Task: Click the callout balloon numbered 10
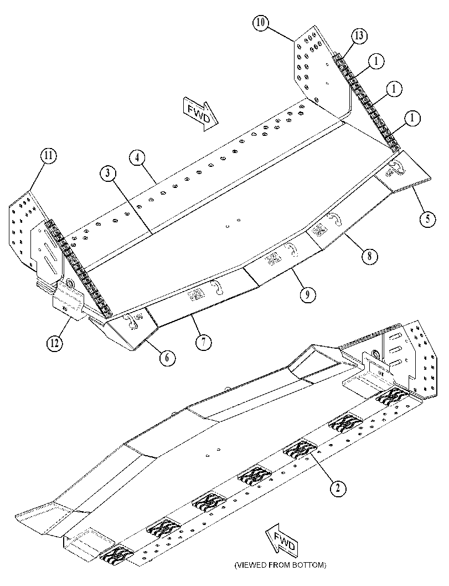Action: [x=261, y=22]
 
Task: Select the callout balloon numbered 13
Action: [x=359, y=36]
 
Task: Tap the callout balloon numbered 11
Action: [x=49, y=156]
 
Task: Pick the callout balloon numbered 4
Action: [x=137, y=157]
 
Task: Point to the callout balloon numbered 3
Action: [x=109, y=174]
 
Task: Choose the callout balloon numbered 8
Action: [x=369, y=256]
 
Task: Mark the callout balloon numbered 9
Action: [x=307, y=294]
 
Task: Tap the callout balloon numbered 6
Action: [x=167, y=358]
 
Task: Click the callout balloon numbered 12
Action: [x=54, y=343]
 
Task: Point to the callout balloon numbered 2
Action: [x=338, y=488]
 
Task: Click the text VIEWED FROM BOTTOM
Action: [x=280, y=565]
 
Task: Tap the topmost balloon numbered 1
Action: [x=376, y=62]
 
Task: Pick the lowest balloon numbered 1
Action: [x=412, y=119]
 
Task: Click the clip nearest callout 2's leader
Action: [x=300, y=449]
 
